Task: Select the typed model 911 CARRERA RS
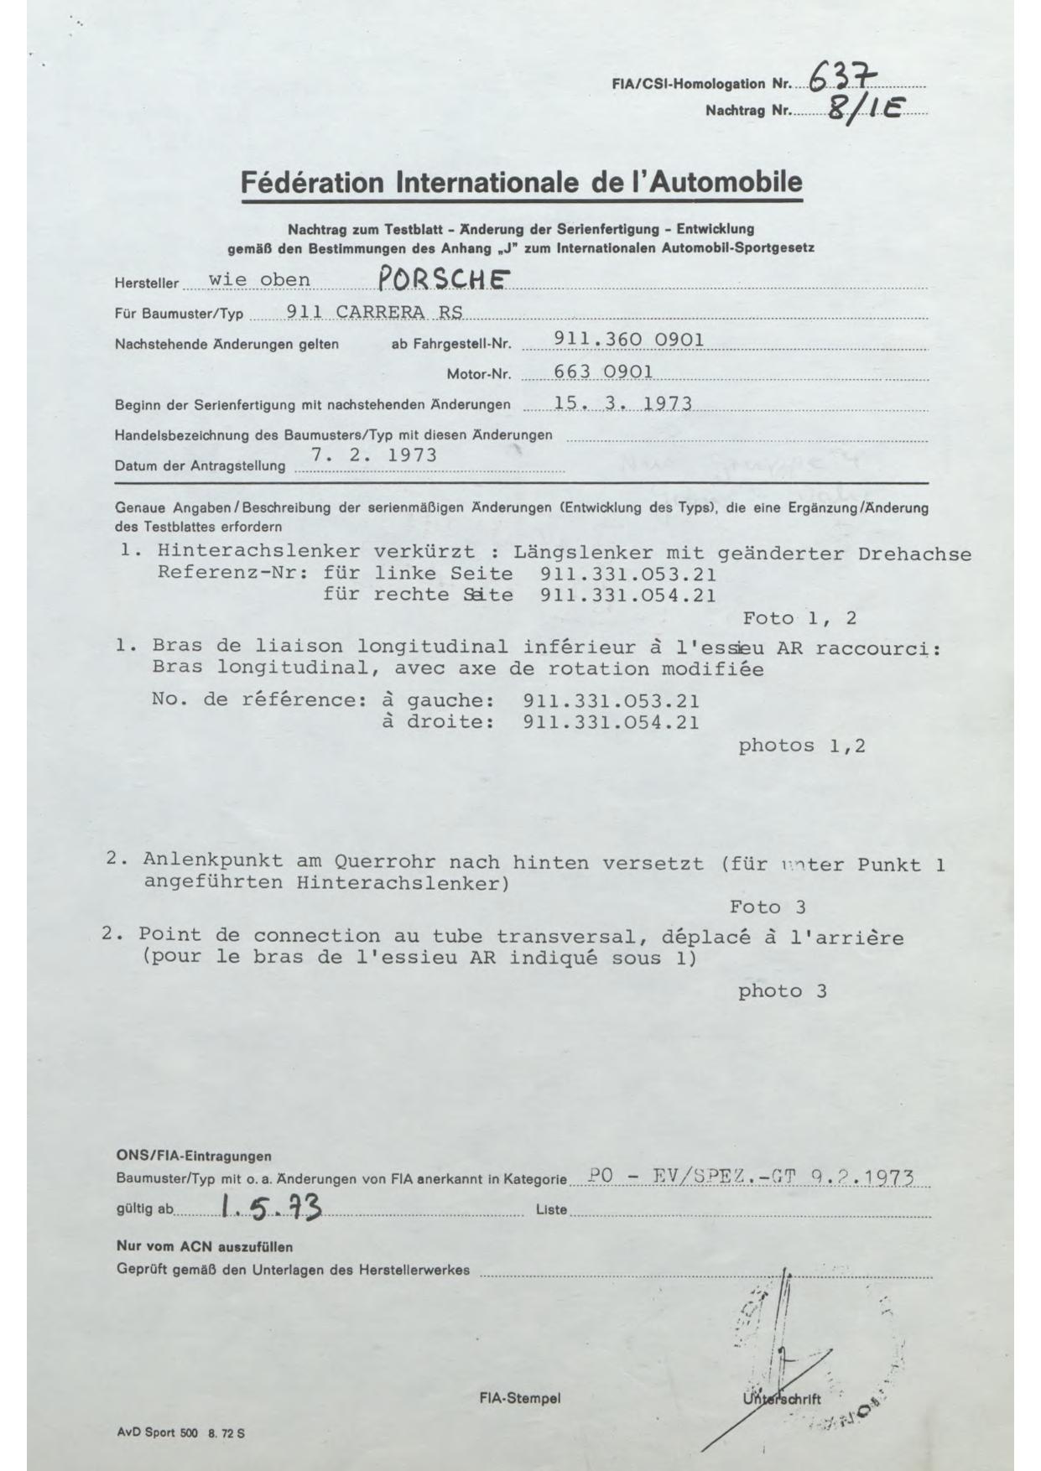pos(374,312)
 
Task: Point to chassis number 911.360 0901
pos(629,340)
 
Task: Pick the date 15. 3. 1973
pos(622,403)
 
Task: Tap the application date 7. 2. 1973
pos(374,455)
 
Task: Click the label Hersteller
pos(147,283)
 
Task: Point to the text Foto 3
pos(767,907)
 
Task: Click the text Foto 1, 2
pos(799,619)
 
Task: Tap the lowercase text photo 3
pos(782,991)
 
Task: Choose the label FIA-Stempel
pos(519,1398)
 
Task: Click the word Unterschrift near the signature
pos(781,1399)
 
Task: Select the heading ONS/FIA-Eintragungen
pos(193,1157)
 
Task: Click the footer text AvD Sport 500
pos(157,1433)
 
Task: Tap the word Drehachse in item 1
pos(914,554)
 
